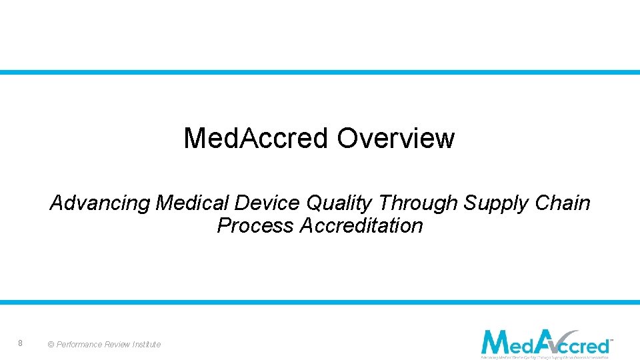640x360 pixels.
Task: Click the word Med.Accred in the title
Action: pos(256,139)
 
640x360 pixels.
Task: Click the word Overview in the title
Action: pos(395,139)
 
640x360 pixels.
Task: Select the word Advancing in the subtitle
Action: pos(100,203)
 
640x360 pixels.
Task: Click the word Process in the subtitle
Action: pos(255,226)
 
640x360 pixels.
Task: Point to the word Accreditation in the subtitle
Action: pos(361,226)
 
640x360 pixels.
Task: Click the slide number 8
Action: pos(21,343)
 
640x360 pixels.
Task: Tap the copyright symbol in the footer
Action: pos(51,345)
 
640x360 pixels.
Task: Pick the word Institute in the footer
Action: pos(148,345)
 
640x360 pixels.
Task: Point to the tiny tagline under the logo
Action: pos(545,357)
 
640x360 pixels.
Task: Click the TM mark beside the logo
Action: pos(611,340)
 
